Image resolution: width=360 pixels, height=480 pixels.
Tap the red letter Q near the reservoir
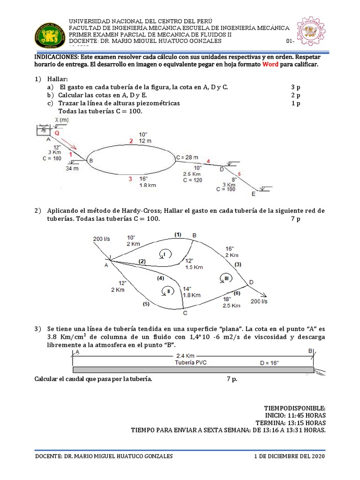tap(58, 133)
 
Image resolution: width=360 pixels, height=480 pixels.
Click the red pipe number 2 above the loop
tap(132, 141)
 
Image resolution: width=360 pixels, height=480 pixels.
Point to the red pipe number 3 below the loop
tap(130, 179)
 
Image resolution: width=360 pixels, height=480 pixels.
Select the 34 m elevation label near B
tap(73, 168)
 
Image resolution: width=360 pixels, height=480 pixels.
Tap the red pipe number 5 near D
tap(239, 174)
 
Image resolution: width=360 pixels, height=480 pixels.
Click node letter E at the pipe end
tap(254, 194)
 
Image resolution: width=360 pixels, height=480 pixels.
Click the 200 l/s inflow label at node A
tap(101, 239)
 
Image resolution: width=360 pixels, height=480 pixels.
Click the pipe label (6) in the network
tap(236, 293)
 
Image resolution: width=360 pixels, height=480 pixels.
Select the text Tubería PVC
tap(191, 362)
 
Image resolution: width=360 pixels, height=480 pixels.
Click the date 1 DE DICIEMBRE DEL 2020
tap(289, 456)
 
